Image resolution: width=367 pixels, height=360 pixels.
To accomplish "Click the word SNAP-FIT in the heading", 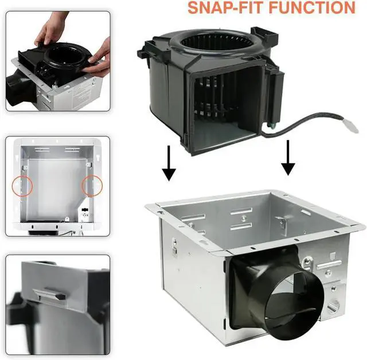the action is tap(225, 7).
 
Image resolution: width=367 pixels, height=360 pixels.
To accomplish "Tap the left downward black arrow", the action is tap(169, 163).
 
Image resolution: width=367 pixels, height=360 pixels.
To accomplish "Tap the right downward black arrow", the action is tap(288, 158).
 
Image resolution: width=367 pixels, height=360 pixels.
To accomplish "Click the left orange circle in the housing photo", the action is tap(22, 186).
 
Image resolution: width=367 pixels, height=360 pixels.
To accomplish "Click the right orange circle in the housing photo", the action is tap(92, 185).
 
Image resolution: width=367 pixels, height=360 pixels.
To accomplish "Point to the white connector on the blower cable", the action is tap(351, 126).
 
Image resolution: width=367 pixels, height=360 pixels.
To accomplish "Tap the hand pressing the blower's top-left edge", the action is tap(50, 30).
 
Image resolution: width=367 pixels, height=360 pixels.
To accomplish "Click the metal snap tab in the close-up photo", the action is tap(50, 294).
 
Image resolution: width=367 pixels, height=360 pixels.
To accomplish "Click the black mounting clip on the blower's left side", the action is tap(145, 50).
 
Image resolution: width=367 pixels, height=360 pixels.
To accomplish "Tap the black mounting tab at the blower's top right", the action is tap(264, 35).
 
